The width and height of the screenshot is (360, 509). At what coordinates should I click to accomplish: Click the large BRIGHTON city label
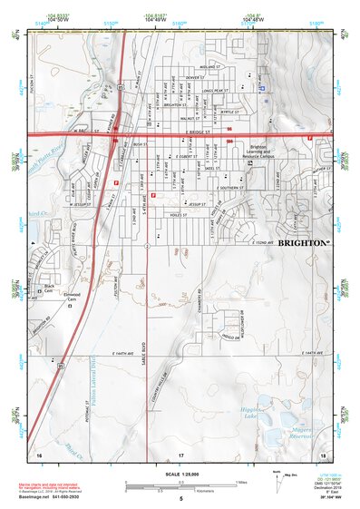point(304,243)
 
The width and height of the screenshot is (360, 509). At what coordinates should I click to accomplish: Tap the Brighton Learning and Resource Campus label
point(258,152)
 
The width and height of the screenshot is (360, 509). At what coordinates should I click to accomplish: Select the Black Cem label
point(48,288)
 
